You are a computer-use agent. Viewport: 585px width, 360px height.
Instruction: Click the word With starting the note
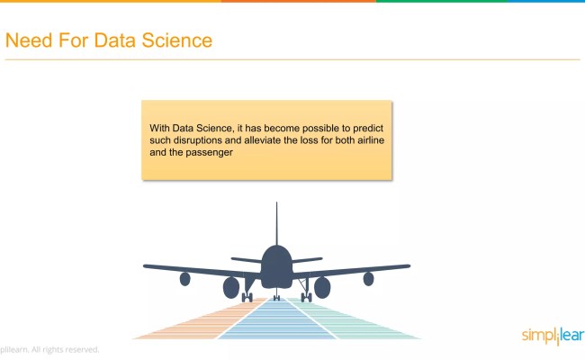tap(160, 128)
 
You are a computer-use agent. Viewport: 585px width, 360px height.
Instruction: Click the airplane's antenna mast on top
tap(276, 220)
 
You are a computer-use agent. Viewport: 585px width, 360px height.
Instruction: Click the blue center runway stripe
tap(276, 320)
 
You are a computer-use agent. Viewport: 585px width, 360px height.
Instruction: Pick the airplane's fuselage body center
tap(276, 266)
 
